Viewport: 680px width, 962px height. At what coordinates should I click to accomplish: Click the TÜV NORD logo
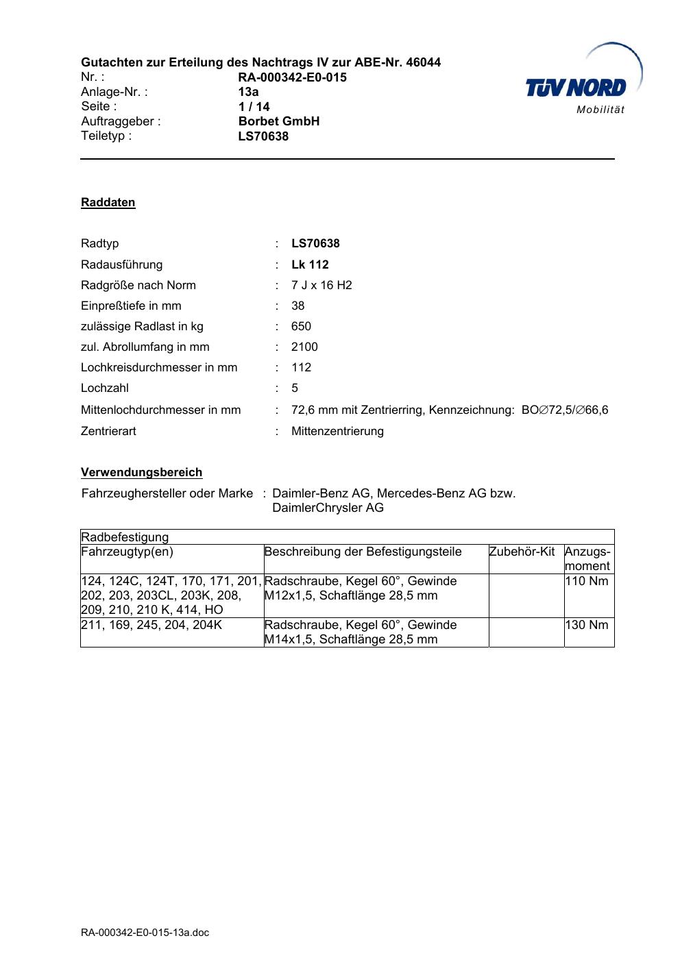click(576, 87)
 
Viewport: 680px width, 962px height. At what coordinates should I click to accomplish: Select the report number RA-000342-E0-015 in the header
click(292, 77)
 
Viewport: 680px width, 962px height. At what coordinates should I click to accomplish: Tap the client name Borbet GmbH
click(278, 121)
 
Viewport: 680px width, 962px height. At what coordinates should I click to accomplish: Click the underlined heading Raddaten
click(108, 202)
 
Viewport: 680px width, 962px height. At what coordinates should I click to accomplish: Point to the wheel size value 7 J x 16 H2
click(321, 285)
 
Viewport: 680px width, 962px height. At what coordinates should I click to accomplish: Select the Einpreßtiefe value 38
click(297, 306)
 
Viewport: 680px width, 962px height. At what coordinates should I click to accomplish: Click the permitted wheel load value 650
click(301, 326)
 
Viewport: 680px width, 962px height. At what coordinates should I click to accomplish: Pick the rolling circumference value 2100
click(304, 347)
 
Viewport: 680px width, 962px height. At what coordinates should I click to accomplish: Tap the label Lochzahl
click(104, 388)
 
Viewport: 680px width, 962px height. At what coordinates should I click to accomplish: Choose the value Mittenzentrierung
click(337, 431)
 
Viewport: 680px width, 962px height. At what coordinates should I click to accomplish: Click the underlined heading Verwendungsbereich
click(141, 472)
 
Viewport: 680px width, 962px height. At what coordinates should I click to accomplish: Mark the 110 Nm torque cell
click(588, 581)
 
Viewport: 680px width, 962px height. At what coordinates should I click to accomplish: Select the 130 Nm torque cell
click(588, 625)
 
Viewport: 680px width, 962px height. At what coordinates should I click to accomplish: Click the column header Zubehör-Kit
click(522, 552)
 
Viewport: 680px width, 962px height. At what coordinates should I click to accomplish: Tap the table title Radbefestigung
click(125, 536)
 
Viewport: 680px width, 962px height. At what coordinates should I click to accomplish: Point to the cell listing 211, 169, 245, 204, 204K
click(151, 625)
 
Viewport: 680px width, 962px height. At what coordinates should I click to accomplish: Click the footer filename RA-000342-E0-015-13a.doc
click(145, 933)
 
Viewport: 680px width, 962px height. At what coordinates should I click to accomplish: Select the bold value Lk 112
click(310, 264)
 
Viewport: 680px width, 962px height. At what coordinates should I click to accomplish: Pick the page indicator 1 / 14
click(254, 106)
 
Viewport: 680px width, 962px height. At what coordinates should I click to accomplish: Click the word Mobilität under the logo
click(600, 111)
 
